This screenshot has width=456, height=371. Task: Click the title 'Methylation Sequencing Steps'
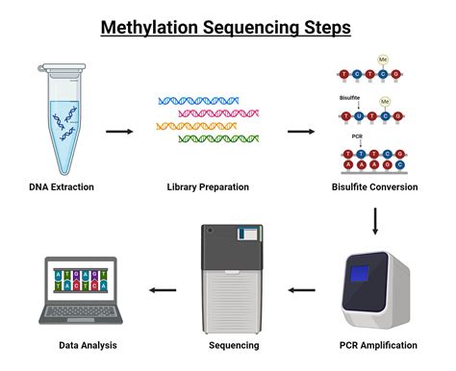[x=228, y=27]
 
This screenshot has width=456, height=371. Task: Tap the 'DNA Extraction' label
[x=62, y=186]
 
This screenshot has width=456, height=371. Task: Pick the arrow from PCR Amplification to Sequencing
[x=302, y=288]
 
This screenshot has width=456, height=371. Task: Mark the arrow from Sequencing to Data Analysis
[x=161, y=288]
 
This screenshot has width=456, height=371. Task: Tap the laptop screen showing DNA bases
[x=81, y=279]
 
